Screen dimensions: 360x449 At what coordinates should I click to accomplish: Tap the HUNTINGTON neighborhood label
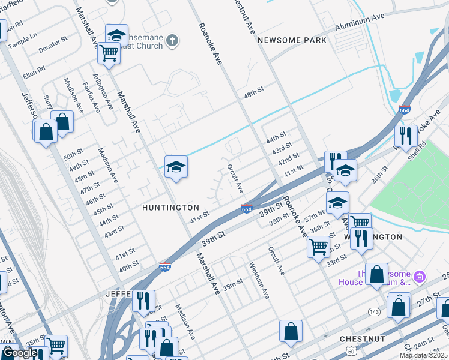(170, 208)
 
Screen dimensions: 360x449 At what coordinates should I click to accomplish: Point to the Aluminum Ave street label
(360, 23)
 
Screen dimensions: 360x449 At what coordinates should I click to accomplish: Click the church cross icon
(172, 41)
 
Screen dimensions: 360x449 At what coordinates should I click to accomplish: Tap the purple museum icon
(420, 277)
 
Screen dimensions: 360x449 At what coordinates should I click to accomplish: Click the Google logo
(19, 353)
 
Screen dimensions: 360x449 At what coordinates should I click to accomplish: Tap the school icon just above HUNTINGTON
(176, 167)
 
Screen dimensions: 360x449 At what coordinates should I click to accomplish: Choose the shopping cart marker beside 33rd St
(318, 245)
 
